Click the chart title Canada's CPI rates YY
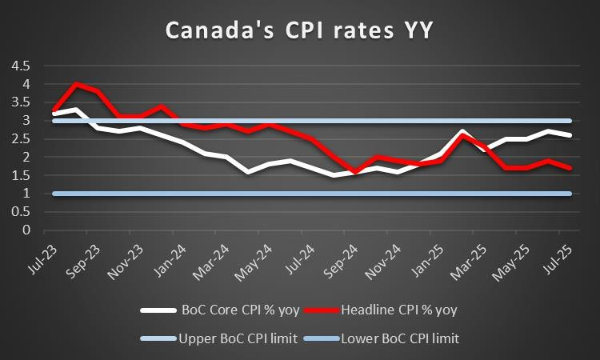299,30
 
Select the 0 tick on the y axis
26,230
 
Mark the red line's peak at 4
76,84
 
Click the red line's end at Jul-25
569,168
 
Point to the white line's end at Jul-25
569,135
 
